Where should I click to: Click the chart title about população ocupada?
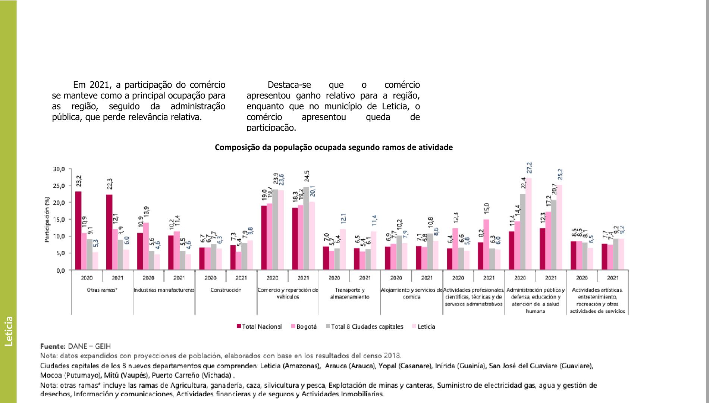click(334, 147)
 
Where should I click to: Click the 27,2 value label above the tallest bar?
click(529, 168)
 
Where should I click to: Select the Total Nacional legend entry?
click(259, 327)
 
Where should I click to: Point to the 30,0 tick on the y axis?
click(59, 169)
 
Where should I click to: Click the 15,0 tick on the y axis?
click(59, 219)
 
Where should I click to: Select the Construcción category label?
click(226, 290)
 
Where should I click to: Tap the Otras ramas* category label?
click(102, 290)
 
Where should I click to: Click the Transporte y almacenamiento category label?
click(350, 293)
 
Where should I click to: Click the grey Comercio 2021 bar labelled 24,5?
click(306, 228)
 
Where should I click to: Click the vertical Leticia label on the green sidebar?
click(9, 331)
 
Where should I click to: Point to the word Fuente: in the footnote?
click(53, 346)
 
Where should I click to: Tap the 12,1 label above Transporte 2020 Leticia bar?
click(343, 219)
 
